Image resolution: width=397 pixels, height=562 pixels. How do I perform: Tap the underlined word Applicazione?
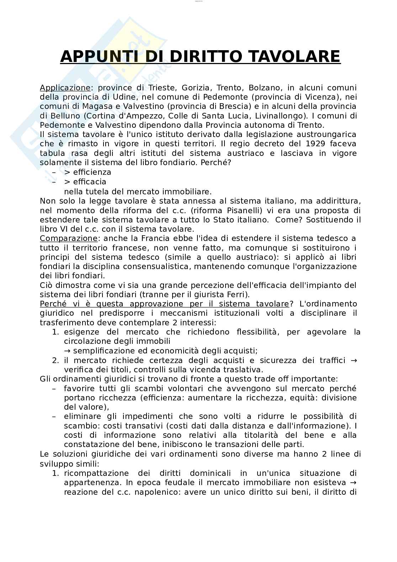tap(65, 88)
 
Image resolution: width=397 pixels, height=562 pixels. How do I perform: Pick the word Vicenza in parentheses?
tap(320, 97)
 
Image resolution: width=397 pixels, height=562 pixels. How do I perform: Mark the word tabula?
tap(53, 153)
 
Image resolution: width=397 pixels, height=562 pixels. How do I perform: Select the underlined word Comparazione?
tap(68, 238)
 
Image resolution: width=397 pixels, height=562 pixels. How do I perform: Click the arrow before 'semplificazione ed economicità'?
tap(68, 351)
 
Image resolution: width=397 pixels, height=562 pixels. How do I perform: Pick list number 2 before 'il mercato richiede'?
tap(55, 360)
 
